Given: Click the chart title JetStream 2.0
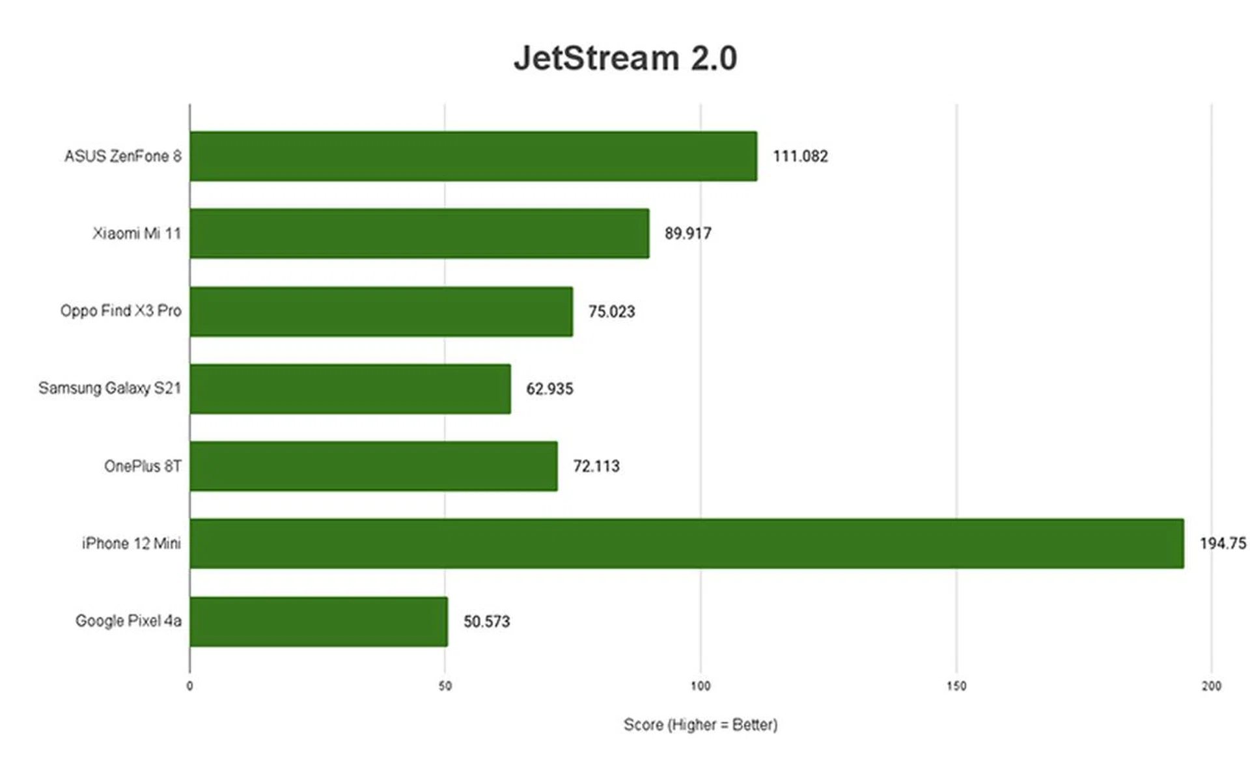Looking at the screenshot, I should (625, 59).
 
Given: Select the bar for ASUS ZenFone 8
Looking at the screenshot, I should (473, 156).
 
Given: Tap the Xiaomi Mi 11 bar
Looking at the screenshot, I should (419, 233).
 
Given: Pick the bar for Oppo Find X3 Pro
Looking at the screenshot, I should (382, 311).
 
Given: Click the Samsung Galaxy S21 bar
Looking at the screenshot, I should (350, 389).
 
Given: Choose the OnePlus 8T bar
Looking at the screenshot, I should (374, 466).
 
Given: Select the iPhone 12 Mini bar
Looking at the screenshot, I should (687, 544).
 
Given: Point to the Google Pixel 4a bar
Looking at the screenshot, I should (319, 621).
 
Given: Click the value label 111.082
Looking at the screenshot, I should (800, 156).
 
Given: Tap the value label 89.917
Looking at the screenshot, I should (688, 233).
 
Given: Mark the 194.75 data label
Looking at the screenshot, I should (1223, 544).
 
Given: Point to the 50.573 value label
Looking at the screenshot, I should (486, 622).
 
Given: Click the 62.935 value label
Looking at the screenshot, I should (549, 389).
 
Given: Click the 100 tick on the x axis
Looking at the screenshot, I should (701, 686).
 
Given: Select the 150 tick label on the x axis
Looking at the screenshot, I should (956, 686).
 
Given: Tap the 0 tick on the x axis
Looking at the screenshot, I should (189, 686).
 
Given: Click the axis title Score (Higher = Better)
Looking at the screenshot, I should (701, 724).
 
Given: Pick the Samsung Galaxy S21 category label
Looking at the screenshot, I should (109, 389).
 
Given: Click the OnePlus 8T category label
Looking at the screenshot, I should (143, 466).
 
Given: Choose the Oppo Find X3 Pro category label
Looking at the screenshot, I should (120, 311).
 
